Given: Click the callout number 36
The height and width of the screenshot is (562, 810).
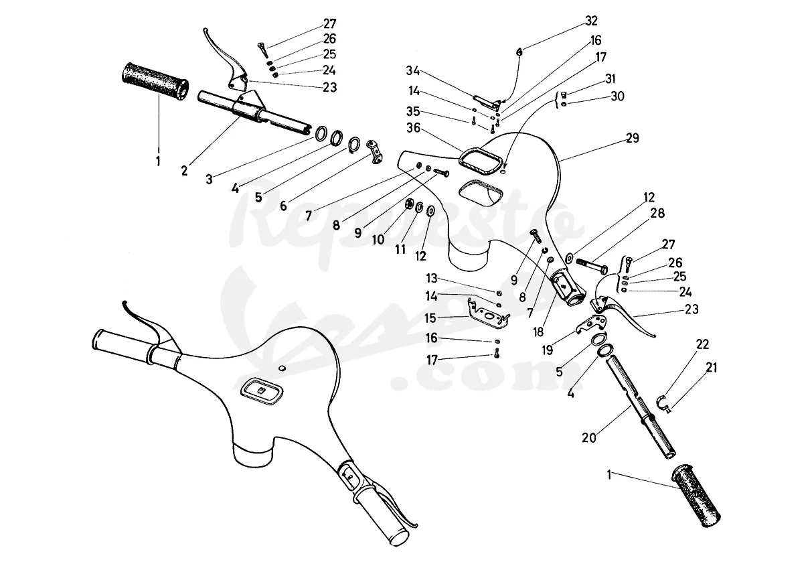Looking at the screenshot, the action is [413, 128].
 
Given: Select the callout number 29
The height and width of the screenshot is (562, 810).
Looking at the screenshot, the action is [633, 138].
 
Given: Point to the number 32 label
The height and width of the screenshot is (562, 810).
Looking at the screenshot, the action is [591, 21].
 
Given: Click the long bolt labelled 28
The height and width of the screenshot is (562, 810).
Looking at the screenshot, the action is [592, 265].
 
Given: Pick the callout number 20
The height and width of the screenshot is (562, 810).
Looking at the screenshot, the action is [588, 438].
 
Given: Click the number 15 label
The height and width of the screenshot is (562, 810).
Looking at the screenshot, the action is [430, 318].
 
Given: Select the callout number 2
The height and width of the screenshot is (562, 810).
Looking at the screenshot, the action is [184, 170].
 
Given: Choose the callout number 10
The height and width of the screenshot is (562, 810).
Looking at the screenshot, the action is [378, 239].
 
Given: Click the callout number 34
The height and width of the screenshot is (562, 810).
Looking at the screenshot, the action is [412, 71].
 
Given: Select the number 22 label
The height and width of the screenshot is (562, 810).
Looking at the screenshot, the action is [702, 344].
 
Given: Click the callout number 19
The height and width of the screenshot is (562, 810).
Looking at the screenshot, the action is [548, 350].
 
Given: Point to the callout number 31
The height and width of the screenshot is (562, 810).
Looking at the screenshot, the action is [611, 79].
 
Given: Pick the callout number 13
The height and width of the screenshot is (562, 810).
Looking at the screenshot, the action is [432, 278].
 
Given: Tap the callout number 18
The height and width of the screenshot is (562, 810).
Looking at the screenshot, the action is [538, 332].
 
